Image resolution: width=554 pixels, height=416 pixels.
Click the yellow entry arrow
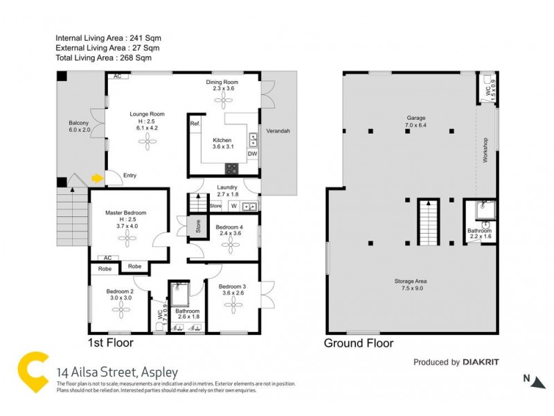pos(96,178)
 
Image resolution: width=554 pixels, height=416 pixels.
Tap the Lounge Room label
pos(147,112)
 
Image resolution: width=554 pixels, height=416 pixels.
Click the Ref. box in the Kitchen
pos(195,124)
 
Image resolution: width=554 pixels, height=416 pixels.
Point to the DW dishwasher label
pos(252,153)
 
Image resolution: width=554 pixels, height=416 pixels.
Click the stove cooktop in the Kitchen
pos(231,167)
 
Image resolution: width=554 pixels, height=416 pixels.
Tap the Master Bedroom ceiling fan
pos(127,240)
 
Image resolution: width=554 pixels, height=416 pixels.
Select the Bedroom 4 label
pos(229,227)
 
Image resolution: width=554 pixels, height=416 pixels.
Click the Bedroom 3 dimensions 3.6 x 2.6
pos(233,293)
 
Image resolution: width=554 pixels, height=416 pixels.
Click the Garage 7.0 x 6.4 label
pos(415,122)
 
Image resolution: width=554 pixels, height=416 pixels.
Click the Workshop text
pos(486,150)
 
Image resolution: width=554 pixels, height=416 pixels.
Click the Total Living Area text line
pos(109,59)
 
